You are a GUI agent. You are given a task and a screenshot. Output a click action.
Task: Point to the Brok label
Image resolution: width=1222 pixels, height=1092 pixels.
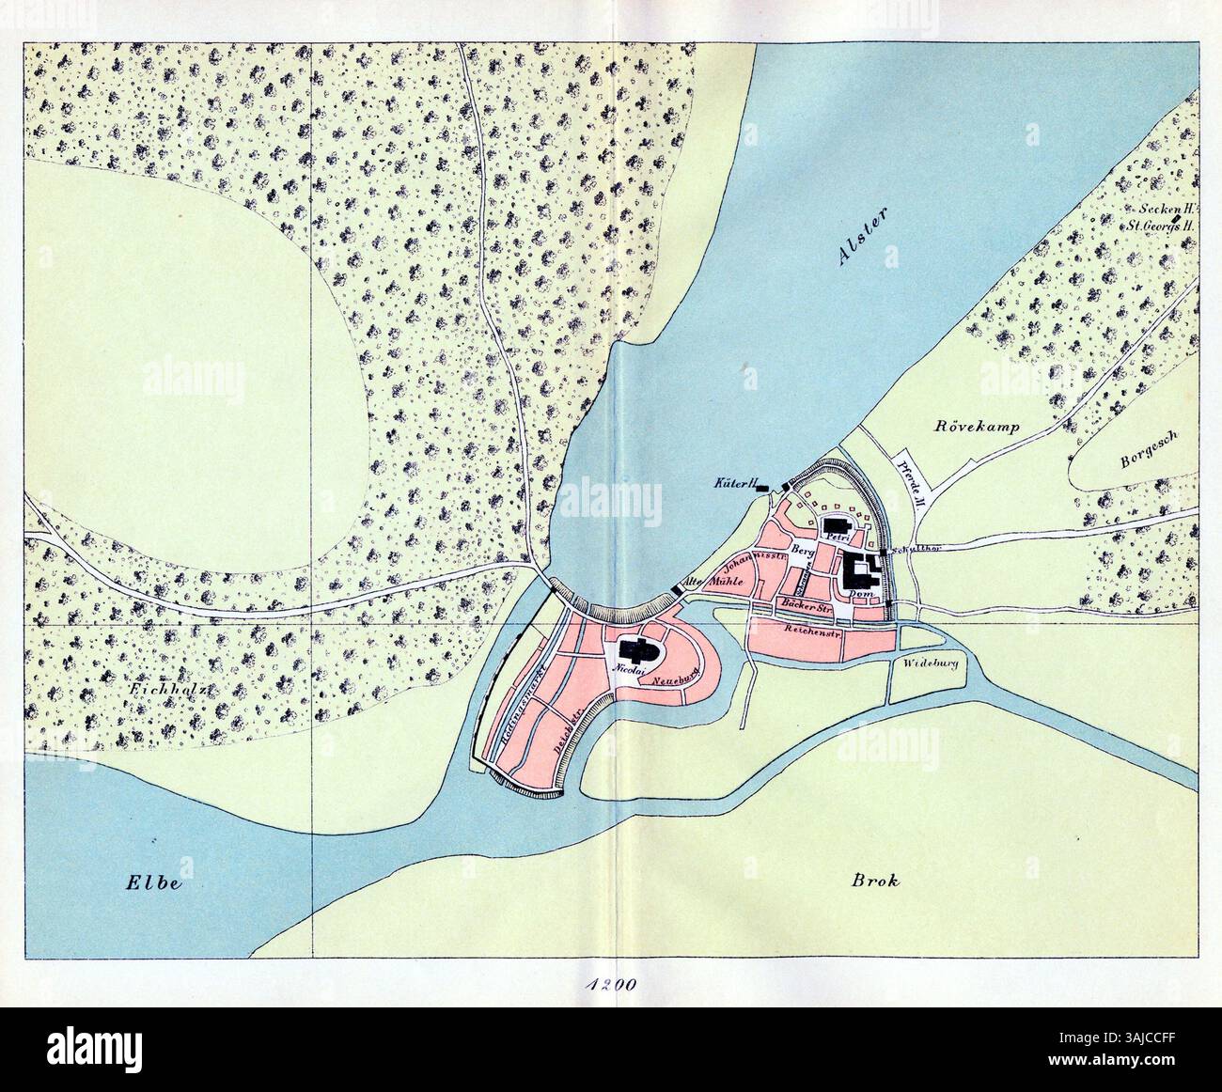pyautogui.click(x=875, y=881)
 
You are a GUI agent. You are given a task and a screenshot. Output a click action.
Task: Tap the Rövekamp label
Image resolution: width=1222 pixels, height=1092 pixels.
pyautogui.click(x=977, y=427)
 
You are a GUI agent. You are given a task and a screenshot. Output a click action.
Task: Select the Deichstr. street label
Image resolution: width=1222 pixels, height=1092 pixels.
pyautogui.click(x=558, y=728)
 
